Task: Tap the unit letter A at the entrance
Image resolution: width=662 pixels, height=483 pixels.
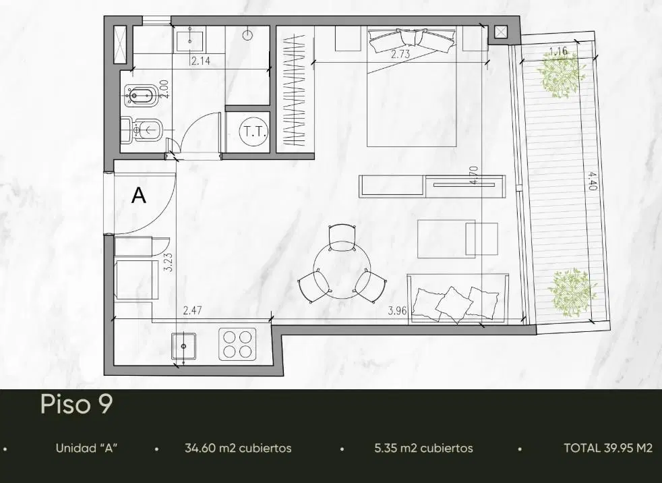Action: pyautogui.click(x=140, y=196)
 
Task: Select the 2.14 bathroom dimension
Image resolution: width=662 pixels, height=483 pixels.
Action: pyautogui.click(x=200, y=61)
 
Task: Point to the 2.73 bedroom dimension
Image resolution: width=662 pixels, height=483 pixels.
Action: pyautogui.click(x=400, y=54)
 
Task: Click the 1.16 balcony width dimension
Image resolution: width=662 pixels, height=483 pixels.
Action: pyautogui.click(x=558, y=52)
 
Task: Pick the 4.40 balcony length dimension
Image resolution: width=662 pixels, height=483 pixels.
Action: pyautogui.click(x=591, y=180)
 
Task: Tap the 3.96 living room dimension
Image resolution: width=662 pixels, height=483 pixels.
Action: pyautogui.click(x=397, y=312)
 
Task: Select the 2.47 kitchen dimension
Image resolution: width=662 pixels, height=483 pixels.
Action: pyautogui.click(x=192, y=311)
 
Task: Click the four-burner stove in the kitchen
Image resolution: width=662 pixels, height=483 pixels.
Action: pyautogui.click(x=237, y=345)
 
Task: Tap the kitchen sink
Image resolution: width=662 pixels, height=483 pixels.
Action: pyautogui.click(x=183, y=346)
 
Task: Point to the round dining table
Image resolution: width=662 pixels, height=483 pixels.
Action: pyautogui.click(x=342, y=271)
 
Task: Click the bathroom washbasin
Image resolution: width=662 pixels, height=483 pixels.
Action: pyautogui.click(x=190, y=36)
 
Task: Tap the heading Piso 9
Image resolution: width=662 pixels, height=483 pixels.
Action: pyautogui.click(x=77, y=403)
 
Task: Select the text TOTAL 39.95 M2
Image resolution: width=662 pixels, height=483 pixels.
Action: pyautogui.click(x=608, y=448)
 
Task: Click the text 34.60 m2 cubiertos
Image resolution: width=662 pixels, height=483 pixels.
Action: pyautogui.click(x=238, y=448)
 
